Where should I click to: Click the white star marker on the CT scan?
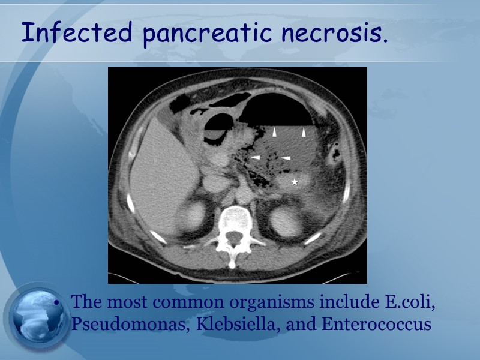pyautogui.click(x=295, y=181)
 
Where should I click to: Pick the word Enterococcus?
pyautogui.click(x=376, y=324)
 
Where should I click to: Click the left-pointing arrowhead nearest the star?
pyautogui.click(x=286, y=158)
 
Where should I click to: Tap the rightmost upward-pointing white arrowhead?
pyautogui.click(x=304, y=131)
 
